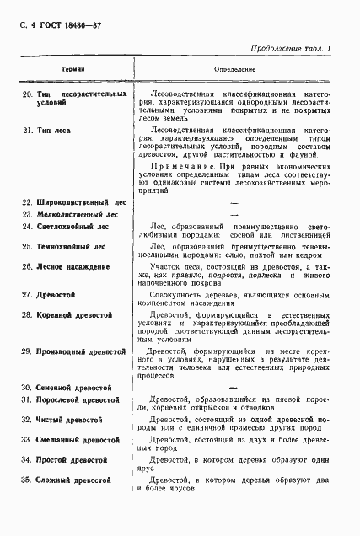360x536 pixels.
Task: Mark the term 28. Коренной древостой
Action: pos(68,315)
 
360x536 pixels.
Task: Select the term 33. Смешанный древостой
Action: pos(72,440)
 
